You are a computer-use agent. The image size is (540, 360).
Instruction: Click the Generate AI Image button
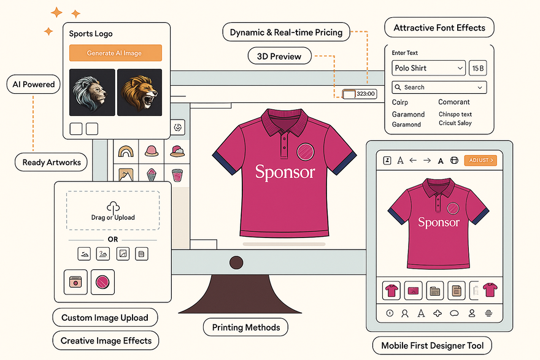coord(115,53)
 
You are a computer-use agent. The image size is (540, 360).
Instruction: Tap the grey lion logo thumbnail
coord(92,93)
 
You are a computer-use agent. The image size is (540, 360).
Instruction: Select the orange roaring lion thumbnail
coord(139,93)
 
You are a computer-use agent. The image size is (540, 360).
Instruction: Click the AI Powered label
coord(34,85)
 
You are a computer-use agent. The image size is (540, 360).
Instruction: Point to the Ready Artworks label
coord(52,163)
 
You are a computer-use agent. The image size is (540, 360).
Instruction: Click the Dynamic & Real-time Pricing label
coord(286,32)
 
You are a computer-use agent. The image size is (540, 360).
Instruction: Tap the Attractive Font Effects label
coord(439,28)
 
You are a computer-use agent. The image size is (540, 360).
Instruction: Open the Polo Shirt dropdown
coord(428,68)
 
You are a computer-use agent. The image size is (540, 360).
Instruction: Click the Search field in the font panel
coord(439,87)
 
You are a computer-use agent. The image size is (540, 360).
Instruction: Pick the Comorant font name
coord(454,102)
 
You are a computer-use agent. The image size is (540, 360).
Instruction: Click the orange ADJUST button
coord(479,160)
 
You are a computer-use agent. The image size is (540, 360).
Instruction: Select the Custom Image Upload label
coord(105,318)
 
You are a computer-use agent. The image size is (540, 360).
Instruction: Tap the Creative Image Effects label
coord(106,340)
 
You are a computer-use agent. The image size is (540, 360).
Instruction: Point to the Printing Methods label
coord(245,327)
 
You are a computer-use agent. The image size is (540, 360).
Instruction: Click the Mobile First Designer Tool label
coord(432,345)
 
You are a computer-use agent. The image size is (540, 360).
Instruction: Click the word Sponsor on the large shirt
coord(285,172)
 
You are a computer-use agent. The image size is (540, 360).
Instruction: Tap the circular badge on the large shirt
coord(306,151)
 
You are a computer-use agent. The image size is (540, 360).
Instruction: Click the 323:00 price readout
coord(364,94)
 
